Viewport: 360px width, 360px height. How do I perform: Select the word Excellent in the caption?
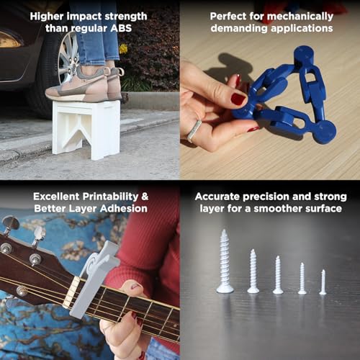pos(57,196)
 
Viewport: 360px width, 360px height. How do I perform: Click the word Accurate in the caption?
pos(221,196)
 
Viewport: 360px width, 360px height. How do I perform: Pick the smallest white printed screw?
pos(323,282)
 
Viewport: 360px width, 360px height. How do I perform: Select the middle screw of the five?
pos(278,275)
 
